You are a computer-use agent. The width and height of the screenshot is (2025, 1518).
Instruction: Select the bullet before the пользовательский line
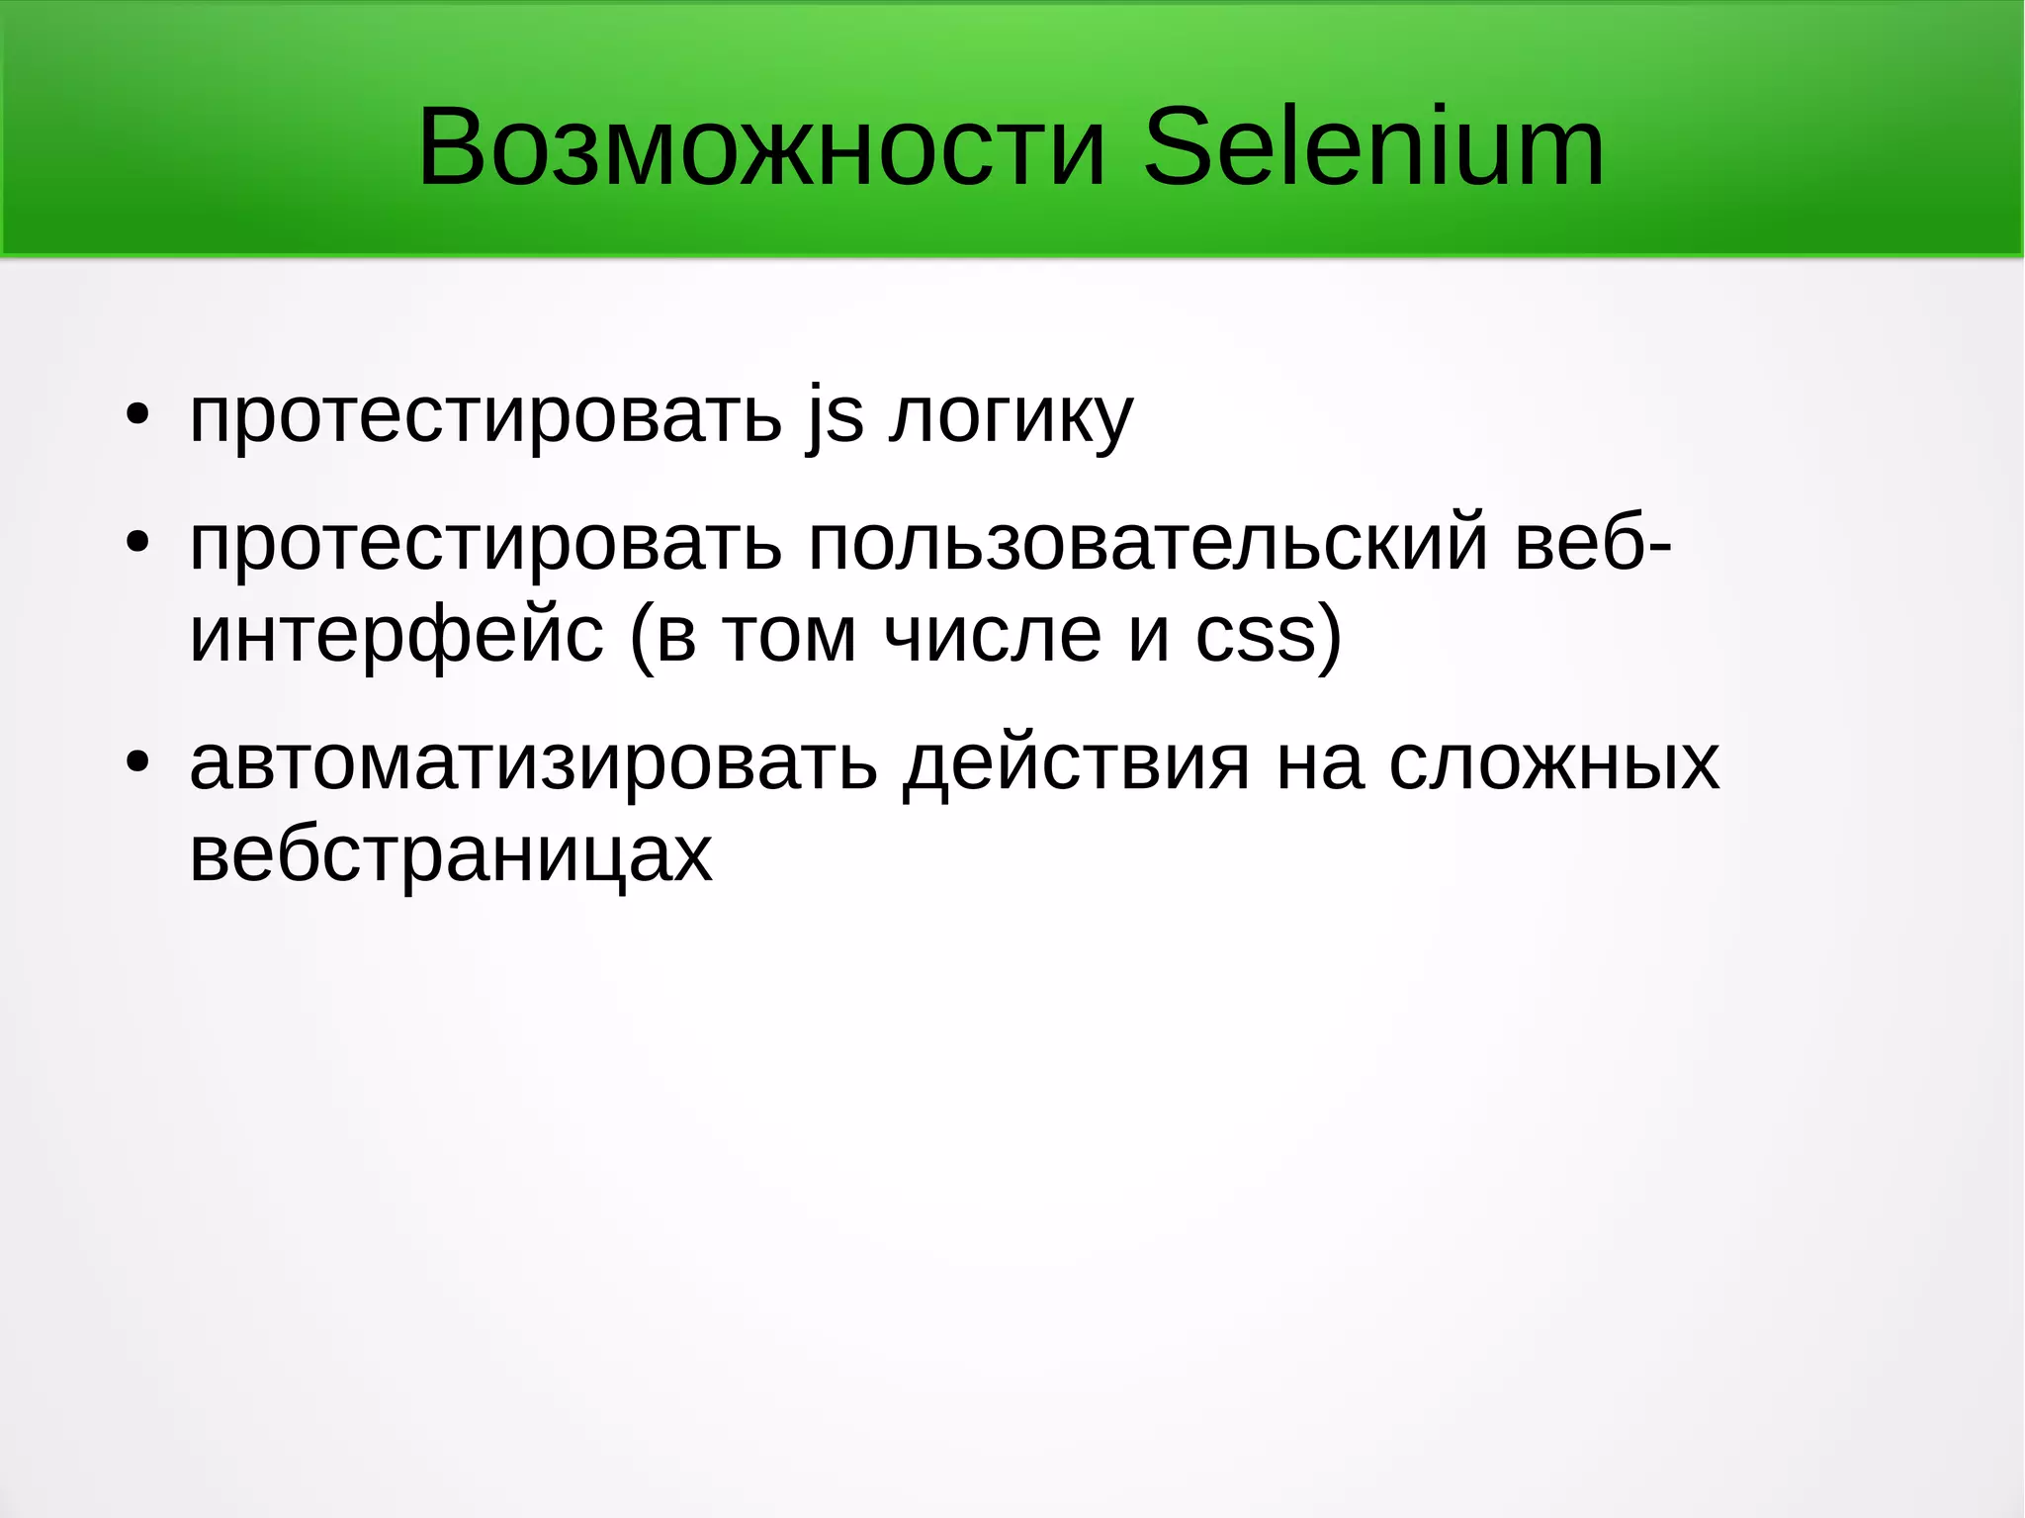(138, 542)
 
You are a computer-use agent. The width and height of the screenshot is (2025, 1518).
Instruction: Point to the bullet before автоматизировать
(138, 762)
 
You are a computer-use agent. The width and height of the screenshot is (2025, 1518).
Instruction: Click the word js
(836, 415)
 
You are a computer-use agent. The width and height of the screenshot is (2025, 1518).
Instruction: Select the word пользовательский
(1148, 544)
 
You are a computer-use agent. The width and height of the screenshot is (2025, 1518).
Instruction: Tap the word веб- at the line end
(1593, 542)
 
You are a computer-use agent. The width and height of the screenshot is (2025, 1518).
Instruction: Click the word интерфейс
(396, 636)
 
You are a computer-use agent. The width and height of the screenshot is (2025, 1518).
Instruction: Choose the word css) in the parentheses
(1269, 636)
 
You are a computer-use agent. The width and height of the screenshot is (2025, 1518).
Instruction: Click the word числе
(993, 636)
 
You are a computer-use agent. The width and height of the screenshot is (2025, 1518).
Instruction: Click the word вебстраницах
(450, 855)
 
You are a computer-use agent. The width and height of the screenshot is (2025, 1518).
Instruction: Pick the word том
(788, 636)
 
